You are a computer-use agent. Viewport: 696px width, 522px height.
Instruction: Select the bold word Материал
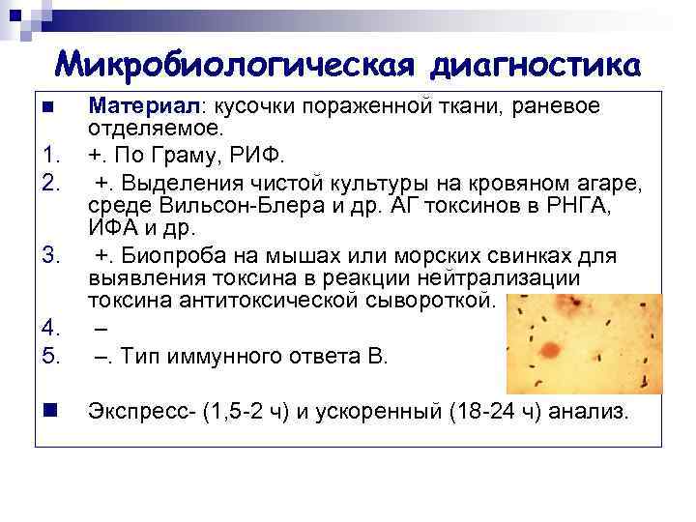[x=143, y=104]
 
